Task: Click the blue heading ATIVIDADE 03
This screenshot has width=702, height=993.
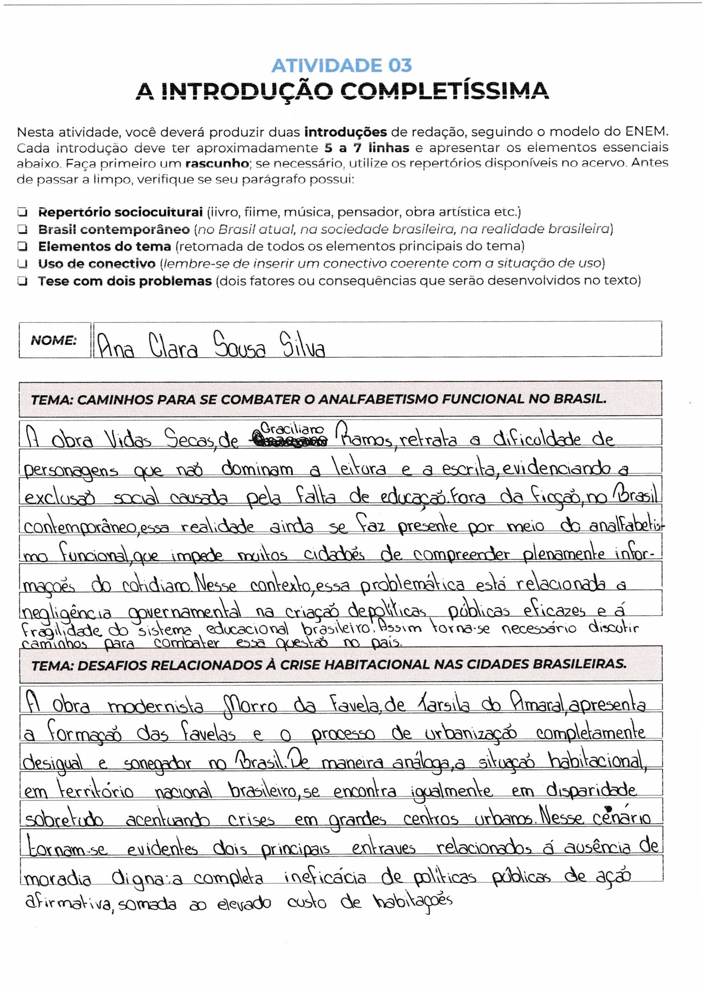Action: point(342,66)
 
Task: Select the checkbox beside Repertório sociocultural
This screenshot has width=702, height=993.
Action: point(21,212)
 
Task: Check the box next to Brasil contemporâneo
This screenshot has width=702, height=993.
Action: point(21,229)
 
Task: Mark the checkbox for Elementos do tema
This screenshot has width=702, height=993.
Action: point(21,247)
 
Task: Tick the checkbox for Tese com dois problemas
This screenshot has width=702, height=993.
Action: point(21,281)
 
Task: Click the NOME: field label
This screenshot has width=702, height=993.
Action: point(54,341)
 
